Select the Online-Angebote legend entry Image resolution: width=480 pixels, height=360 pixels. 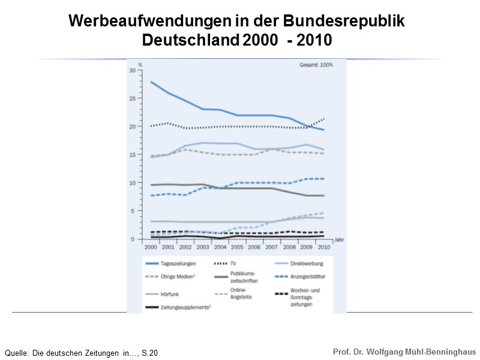point(242,293)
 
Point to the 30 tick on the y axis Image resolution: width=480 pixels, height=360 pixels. point(133,70)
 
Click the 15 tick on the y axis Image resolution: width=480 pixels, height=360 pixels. point(133,155)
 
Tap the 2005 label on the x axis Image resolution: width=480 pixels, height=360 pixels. point(237,246)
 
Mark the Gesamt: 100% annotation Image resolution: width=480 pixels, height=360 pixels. point(316,65)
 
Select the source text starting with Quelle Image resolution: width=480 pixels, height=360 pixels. point(81,353)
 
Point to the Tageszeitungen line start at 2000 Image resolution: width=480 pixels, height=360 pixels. point(151,82)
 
